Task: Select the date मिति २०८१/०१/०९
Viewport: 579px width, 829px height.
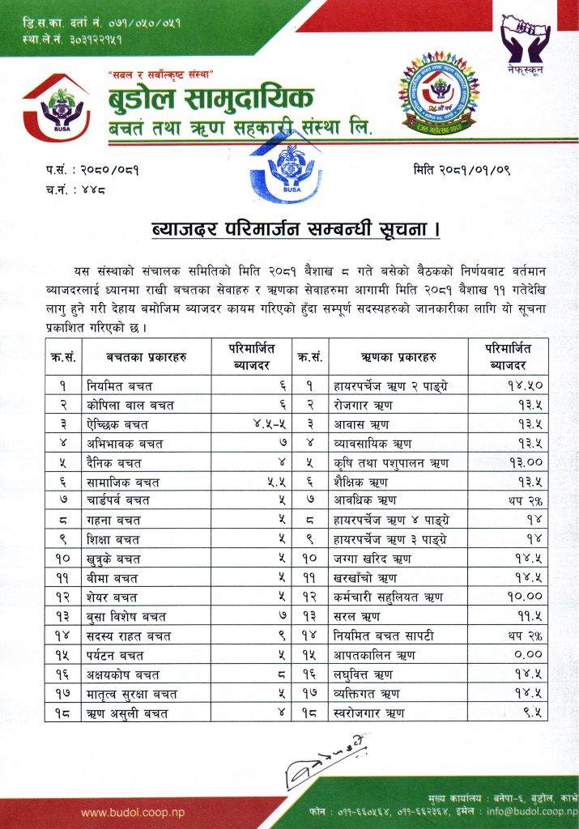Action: (x=461, y=171)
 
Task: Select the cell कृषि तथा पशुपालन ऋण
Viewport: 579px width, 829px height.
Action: (x=385, y=463)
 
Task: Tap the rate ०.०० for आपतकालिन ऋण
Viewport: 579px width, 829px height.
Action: (x=526, y=655)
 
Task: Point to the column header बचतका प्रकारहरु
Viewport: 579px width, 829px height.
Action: (x=146, y=357)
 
